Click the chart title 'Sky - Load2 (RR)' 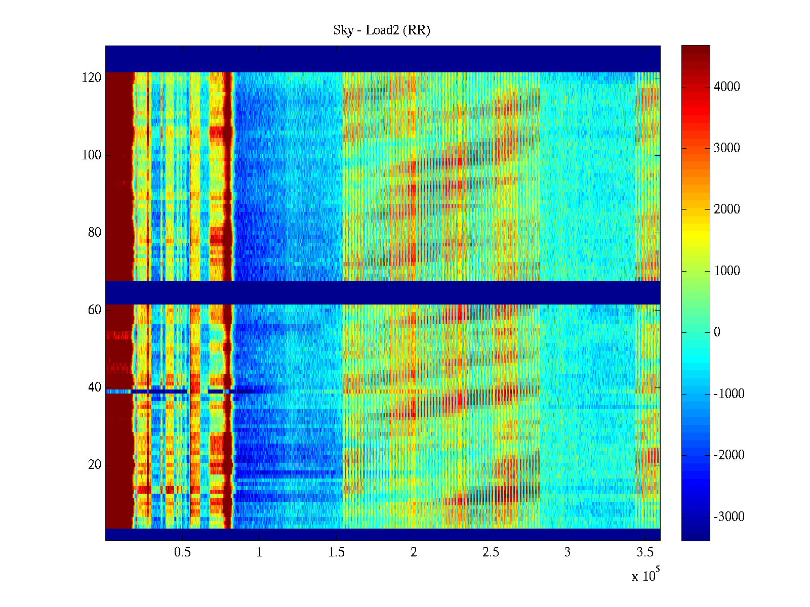382,30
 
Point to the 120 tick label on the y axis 92,78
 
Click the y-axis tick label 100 92,155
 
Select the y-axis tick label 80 95,233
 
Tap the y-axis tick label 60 95,310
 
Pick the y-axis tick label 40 95,387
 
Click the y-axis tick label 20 95,465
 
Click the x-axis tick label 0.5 182,552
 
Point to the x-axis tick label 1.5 337,552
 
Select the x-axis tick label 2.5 491,552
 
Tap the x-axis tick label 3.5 644,552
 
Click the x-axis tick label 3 568,552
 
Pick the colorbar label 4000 727,87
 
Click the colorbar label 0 717,332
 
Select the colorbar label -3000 729,517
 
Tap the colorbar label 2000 727,209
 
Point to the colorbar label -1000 729,394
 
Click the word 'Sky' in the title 343,30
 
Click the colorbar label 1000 727,271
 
